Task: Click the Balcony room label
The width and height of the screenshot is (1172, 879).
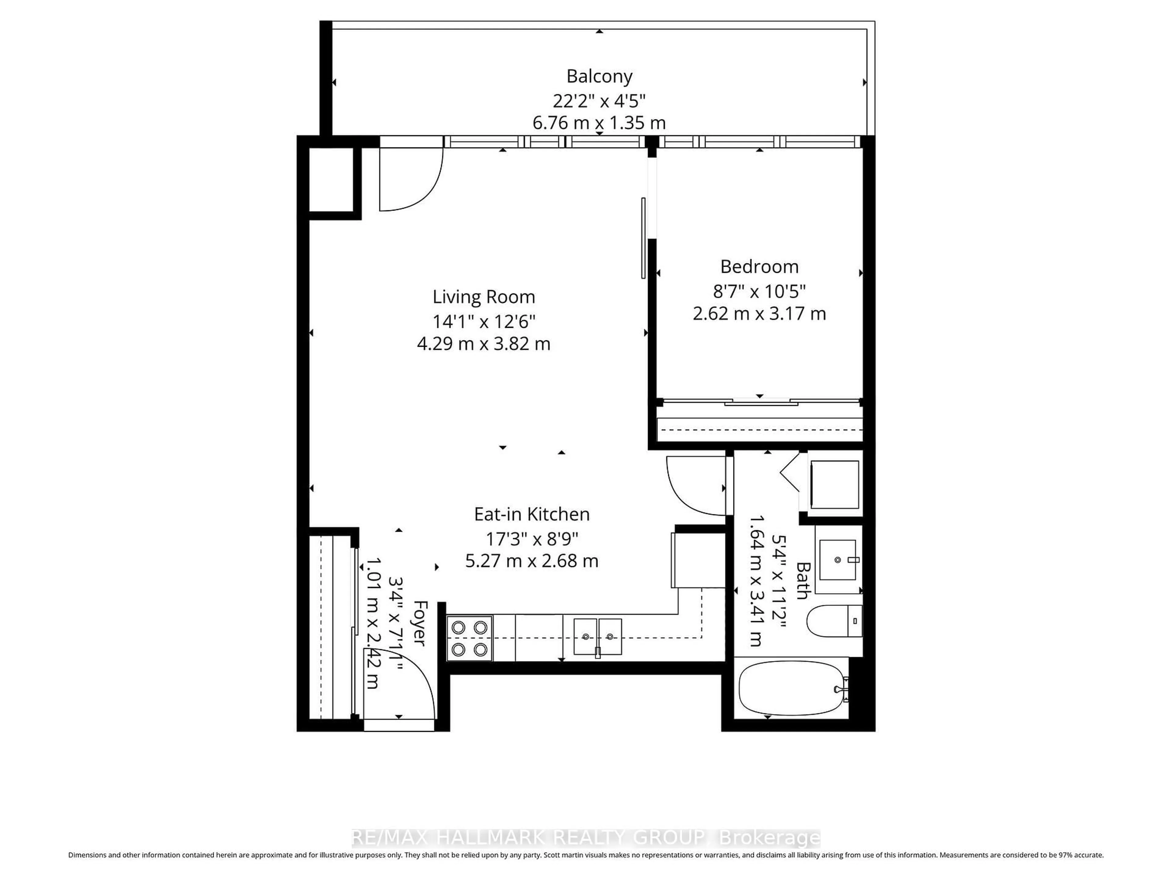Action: [x=599, y=76]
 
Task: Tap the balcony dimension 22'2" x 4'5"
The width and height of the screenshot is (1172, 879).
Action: [x=599, y=100]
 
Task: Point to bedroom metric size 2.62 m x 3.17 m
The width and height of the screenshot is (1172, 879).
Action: [x=759, y=314]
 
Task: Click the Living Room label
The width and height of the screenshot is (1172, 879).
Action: [x=484, y=297]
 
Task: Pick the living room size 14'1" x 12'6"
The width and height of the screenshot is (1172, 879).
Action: [x=484, y=321]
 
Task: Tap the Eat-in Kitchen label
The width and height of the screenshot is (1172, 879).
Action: [x=531, y=514]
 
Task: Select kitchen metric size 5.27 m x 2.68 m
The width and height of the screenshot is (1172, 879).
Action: [x=531, y=561]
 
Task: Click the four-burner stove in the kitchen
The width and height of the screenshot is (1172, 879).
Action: [x=469, y=638]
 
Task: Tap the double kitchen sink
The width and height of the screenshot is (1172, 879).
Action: [x=598, y=636]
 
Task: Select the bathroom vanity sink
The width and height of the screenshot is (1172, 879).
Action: [x=838, y=560]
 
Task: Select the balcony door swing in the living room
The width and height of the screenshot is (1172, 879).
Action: [x=411, y=180]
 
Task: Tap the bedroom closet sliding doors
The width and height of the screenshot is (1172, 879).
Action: [x=760, y=403]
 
